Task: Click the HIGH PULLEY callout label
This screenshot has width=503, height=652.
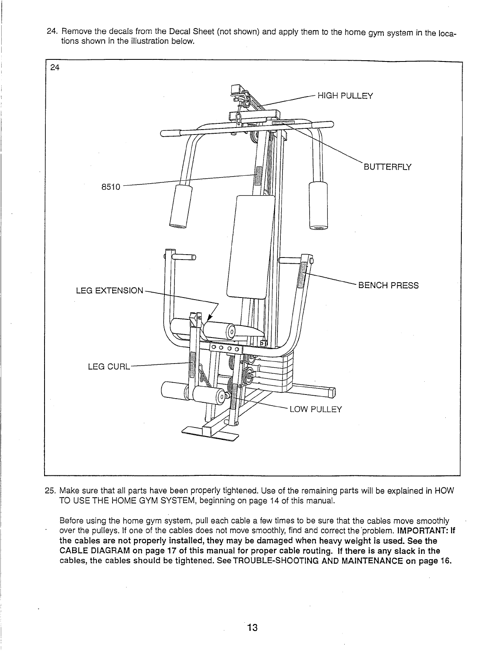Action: click(x=344, y=96)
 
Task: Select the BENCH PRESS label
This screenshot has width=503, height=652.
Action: click(x=388, y=286)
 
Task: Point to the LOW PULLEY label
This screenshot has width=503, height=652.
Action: click(x=316, y=409)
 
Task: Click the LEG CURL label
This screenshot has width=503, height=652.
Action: click(x=109, y=366)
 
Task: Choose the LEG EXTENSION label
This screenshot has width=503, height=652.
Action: click(x=110, y=291)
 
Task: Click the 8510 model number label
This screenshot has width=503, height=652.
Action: click(x=110, y=187)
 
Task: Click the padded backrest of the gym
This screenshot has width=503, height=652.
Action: click(x=251, y=247)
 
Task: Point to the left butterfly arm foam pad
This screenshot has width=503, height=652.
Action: click(x=181, y=205)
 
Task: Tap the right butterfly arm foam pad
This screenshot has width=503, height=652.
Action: click(x=318, y=205)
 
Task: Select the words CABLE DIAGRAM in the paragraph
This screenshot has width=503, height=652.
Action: click(x=94, y=551)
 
